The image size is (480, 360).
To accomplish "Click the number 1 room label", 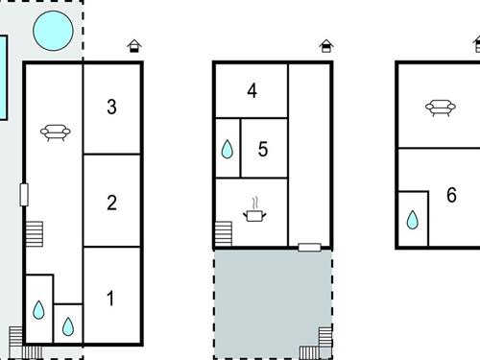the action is (110, 299).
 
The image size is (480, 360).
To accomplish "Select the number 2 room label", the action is (111, 203).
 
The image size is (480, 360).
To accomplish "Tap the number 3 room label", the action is (111, 107).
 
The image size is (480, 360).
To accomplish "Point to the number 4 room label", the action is (252, 90).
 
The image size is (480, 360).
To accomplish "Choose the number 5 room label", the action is (263, 149).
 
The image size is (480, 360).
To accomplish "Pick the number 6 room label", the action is (451, 195).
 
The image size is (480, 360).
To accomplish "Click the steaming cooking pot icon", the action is (254, 209).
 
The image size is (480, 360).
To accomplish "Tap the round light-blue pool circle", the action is (53, 31).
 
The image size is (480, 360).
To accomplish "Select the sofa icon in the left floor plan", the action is (56, 132).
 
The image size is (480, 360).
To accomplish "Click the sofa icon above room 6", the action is (441, 108).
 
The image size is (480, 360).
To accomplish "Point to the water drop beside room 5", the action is (228, 149).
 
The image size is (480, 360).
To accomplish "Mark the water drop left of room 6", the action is (413, 220).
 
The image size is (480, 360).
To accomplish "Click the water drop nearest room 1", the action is (68, 326).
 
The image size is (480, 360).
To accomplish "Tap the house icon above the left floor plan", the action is (134, 46).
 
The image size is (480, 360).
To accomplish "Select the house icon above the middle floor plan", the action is (326, 46).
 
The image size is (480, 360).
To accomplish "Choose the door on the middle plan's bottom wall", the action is (309, 247).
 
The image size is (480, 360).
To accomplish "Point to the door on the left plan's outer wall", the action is (24, 195).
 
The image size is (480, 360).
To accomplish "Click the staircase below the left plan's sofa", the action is (34, 234).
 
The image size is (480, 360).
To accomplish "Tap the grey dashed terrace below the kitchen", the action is (273, 304).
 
